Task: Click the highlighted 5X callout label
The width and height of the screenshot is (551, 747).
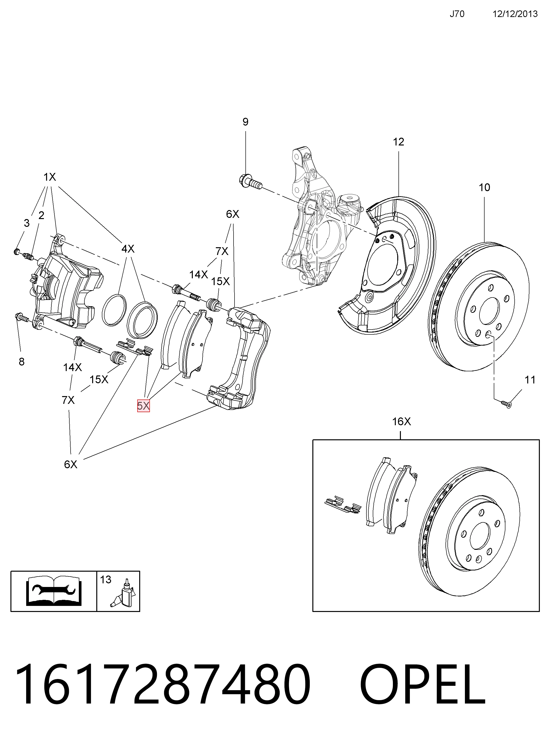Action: (x=143, y=406)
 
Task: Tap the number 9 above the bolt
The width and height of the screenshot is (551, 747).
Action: (x=245, y=122)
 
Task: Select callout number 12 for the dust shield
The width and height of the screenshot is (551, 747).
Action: (x=398, y=142)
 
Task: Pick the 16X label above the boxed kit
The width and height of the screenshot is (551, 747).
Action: (x=402, y=422)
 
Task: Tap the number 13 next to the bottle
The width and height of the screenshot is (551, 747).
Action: (x=106, y=580)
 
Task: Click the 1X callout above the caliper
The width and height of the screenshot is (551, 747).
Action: (x=50, y=177)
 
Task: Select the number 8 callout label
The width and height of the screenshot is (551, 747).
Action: (x=22, y=362)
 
